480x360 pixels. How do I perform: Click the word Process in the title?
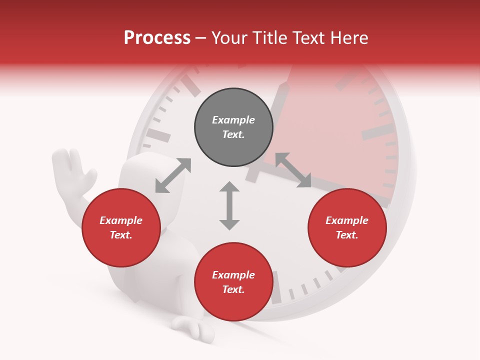pyautogui.click(x=157, y=38)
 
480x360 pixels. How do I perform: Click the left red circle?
pyautogui.click(x=121, y=227)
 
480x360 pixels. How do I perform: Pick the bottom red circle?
pyautogui.click(x=233, y=282)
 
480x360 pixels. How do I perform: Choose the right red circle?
pyautogui.click(x=347, y=227)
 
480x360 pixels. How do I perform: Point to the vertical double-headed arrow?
pyautogui.click(x=229, y=205)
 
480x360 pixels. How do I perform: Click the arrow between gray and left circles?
pyautogui.click(x=173, y=175)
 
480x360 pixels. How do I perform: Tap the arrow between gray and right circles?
pyautogui.click(x=292, y=170)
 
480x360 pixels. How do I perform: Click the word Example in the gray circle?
pyautogui.click(x=233, y=120)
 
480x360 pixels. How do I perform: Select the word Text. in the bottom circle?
pyautogui.click(x=233, y=289)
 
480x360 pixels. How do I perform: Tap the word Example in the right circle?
pyautogui.click(x=347, y=220)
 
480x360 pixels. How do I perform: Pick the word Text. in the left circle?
pyautogui.click(x=121, y=235)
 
